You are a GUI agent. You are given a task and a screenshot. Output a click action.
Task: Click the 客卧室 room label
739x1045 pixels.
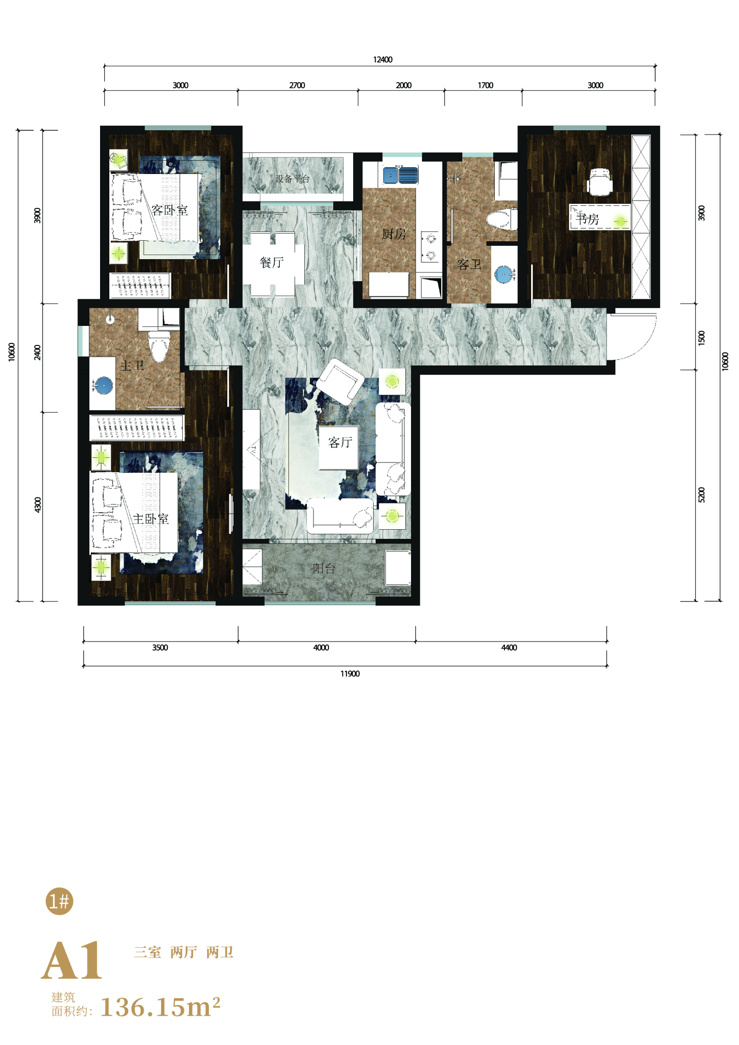(x=169, y=210)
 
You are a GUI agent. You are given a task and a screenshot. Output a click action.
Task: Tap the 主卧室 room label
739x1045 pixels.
(x=151, y=519)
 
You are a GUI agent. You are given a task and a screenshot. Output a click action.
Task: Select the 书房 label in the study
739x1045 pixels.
(x=588, y=219)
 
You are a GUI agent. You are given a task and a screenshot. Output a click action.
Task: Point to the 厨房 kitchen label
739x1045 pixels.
(x=394, y=234)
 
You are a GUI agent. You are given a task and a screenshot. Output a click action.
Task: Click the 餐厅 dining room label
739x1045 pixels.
(x=272, y=263)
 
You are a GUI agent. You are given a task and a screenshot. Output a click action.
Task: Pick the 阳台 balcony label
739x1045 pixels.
(x=324, y=568)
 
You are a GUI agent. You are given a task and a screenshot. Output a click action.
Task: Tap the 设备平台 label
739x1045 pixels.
(x=293, y=179)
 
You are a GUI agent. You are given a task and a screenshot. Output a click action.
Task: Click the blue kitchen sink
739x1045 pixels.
(x=400, y=175)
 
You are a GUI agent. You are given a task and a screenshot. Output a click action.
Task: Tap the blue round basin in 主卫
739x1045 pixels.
(x=104, y=384)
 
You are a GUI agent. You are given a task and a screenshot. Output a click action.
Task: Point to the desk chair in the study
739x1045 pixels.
(x=599, y=182)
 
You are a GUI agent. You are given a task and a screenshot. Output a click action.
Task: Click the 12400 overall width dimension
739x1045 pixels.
(x=383, y=60)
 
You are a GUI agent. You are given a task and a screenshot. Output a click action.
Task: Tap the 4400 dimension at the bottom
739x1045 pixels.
(x=509, y=648)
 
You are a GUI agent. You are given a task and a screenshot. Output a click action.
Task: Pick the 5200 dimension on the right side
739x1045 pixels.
(x=702, y=495)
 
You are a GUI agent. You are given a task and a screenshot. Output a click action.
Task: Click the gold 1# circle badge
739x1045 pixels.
(x=60, y=901)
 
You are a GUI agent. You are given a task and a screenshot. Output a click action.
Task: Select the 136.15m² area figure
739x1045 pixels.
(x=160, y=1007)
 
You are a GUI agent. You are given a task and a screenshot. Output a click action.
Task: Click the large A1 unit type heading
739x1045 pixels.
(x=72, y=960)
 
